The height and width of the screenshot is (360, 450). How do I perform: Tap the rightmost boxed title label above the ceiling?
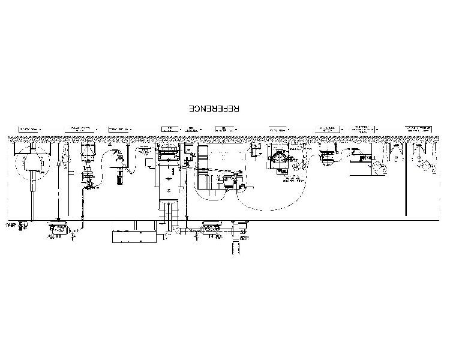[x=419, y=129]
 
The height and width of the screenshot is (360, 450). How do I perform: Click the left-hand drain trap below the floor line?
[x=59, y=228]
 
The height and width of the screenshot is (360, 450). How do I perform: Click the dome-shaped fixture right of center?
[x=280, y=157]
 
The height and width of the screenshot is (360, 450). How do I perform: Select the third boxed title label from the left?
[x=120, y=129]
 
